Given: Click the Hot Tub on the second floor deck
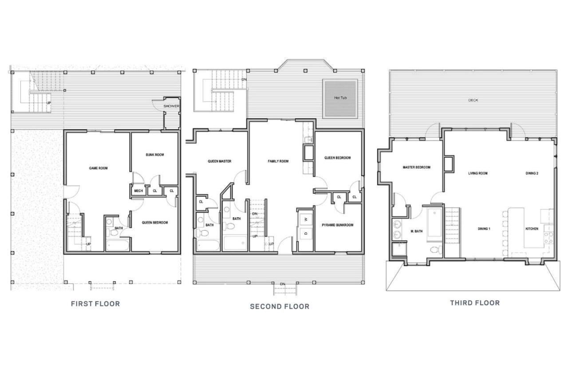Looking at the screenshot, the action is coord(340,99).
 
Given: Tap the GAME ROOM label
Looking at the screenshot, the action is coord(98,168).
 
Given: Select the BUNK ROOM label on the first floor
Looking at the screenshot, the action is coord(155,155).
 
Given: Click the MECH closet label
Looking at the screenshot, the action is coord(138,191).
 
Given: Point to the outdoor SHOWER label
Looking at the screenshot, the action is coord(171,106).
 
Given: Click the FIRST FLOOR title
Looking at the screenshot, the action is coord(95,303).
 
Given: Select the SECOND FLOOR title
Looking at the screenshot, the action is coord(280,306).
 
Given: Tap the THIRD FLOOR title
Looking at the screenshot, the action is coord(475,303).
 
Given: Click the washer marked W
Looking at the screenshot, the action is coord(306,219).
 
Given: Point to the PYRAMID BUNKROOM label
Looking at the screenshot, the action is coord(338,225).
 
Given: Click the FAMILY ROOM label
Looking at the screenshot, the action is coord(278,161).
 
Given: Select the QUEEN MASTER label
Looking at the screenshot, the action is coord(220,161).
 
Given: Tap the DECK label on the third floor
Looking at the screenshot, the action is coord(473,100).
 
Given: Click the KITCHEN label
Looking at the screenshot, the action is coord(532,229).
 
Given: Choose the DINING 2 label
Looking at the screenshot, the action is coord(532,173).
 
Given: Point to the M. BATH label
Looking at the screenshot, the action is coord(417,231).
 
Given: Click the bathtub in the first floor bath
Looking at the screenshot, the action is coord(118,246).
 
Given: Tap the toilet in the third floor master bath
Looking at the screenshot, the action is coord(436,250).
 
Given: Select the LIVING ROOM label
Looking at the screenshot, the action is coord(478,173).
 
